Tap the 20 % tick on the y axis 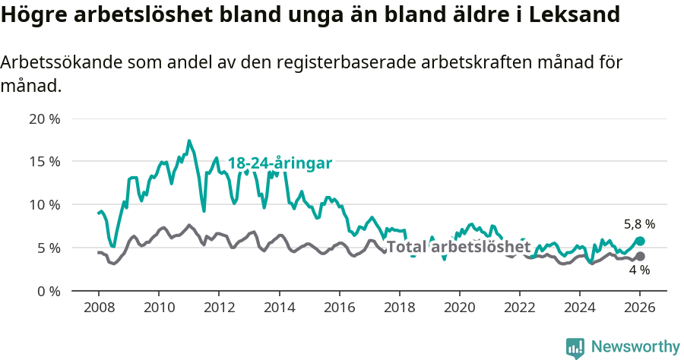pos(43,119)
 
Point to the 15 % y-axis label pos(43,162)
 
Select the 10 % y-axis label pos(43,205)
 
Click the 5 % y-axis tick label pos(47,248)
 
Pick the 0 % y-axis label pos(47,291)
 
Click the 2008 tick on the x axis pos(98,309)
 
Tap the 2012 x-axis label pos(218,309)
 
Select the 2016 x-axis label pos(339,309)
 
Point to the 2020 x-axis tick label pos(459,309)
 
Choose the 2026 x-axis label pos(640,309)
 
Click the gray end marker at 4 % pos(640,257)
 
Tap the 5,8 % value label pos(639,225)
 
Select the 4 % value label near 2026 pos(639,270)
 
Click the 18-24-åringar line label pos(280,163)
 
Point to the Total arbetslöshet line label pos(458,248)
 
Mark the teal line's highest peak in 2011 pos(189,141)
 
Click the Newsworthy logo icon pos(575,348)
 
